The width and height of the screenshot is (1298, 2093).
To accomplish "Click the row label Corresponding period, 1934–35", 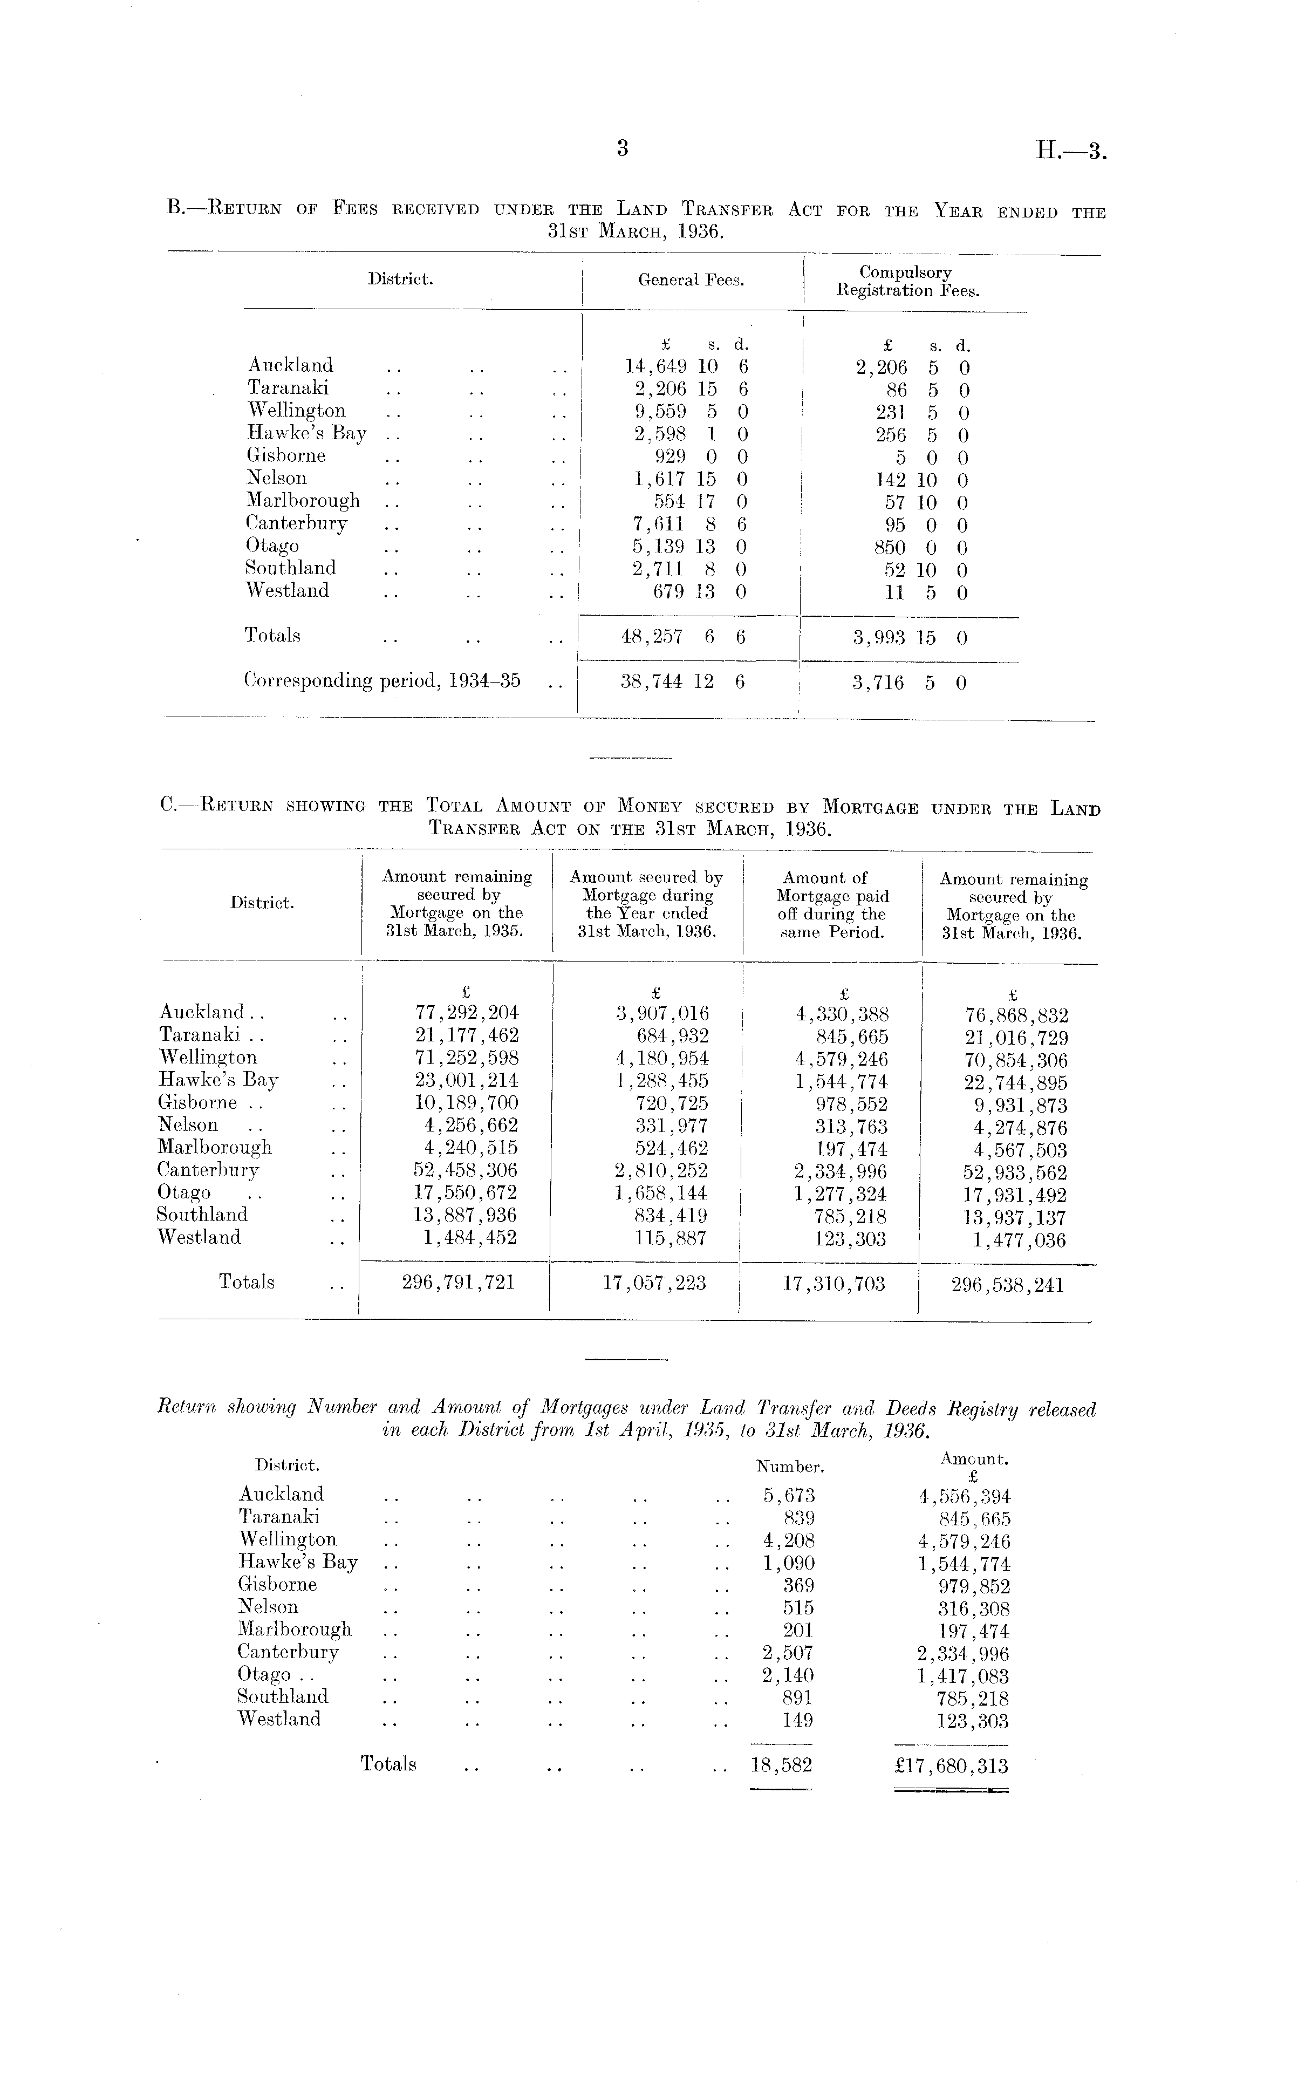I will (382, 681).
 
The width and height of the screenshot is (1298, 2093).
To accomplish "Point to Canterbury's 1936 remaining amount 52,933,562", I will (1015, 1172).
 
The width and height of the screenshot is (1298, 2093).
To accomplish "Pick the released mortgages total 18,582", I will (780, 1765).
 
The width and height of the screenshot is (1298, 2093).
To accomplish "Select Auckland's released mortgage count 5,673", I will (789, 1495).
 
